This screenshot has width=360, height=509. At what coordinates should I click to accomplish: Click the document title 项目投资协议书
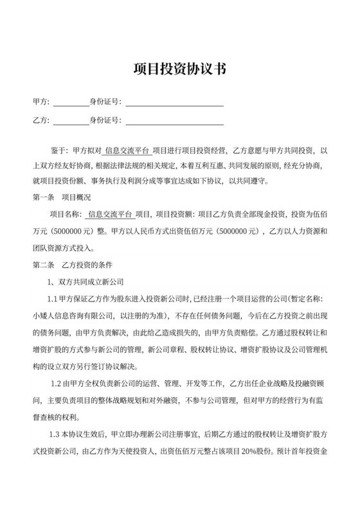tap(179, 69)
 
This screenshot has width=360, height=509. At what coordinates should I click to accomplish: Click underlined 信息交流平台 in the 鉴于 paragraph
tap(128, 150)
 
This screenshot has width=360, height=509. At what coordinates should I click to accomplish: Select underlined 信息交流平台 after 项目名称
tap(110, 215)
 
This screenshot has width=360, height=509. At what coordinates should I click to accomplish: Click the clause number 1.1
tap(53, 299)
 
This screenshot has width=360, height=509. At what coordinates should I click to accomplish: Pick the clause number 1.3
tap(55, 433)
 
